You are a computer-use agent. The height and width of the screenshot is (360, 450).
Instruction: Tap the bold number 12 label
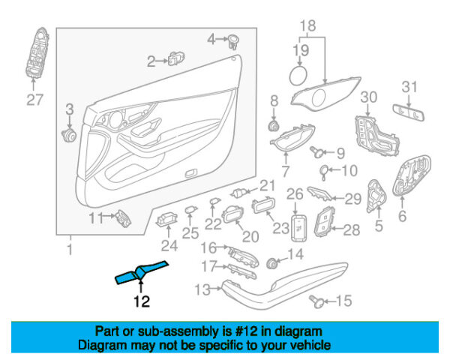pos(141,302)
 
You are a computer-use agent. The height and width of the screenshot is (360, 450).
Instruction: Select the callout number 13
pos(202,288)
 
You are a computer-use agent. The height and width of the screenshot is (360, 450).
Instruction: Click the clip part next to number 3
pos(70,135)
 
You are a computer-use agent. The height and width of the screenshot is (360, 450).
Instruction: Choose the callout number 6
pos(402,217)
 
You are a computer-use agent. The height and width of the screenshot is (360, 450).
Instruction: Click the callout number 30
pos(367,97)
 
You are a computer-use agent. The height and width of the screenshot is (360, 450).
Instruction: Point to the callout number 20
pos(250,236)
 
